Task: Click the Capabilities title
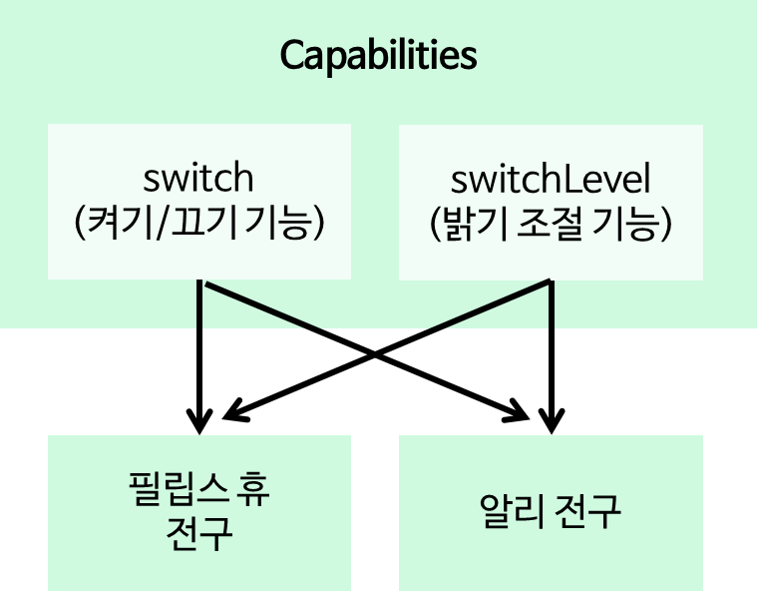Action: [x=378, y=55]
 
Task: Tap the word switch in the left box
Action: [x=198, y=178]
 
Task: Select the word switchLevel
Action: [x=551, y=180]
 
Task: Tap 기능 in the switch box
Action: [x=281, y=224]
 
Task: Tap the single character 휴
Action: [x=250, y=490]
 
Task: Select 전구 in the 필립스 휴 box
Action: [x=199, y=534]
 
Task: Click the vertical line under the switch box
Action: [x=200, y=304]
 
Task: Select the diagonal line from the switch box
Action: [x=261, y=305]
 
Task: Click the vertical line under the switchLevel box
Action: [x=551, y=304]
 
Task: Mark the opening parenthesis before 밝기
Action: [x=436, y=225]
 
